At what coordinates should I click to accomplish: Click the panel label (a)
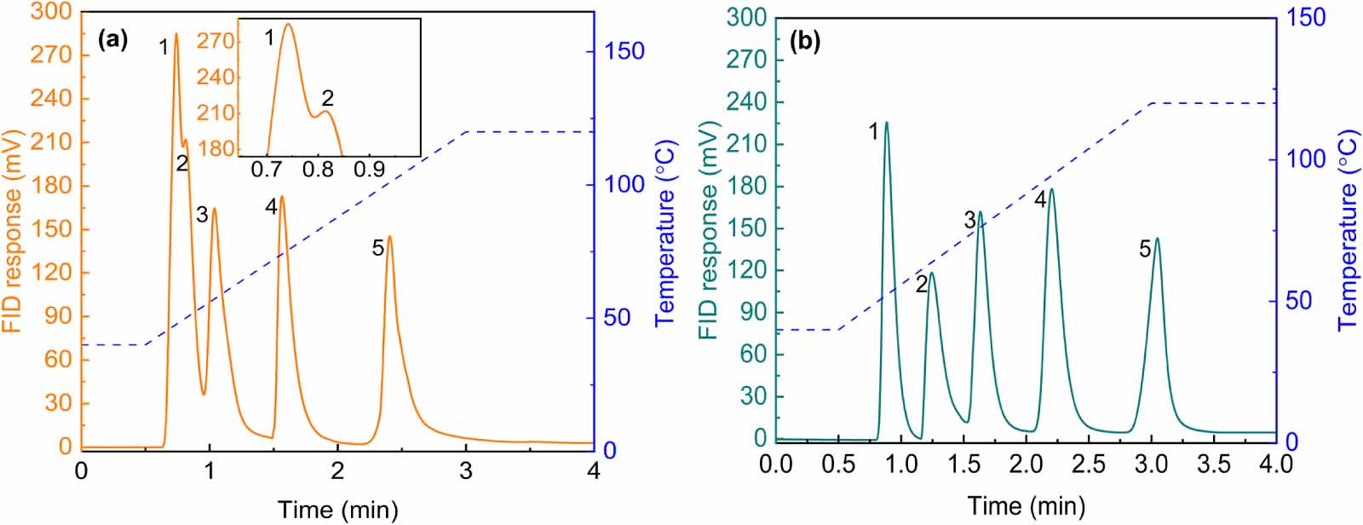click(x=112, y=39)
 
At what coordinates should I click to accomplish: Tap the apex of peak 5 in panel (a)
click(x=389, y=237)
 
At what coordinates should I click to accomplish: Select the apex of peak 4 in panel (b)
click(x=1051, y=189)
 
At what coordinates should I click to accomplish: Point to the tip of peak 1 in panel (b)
click(x=886, y=123)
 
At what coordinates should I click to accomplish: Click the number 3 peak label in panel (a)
click(x=202, y=215)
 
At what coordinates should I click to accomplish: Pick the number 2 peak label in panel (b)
click(x=921, y=285)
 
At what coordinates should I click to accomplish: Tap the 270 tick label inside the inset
click(x=216, y=41)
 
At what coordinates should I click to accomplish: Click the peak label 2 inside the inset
click(x=327, y=98)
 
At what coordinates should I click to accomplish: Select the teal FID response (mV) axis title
click(x=709, y=230)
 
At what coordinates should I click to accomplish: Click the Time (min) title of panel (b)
click(x=1026, y=506)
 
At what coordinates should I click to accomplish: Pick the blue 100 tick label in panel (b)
click(x=1305, y=159)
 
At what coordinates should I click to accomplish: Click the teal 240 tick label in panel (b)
click(x=747, y=102)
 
